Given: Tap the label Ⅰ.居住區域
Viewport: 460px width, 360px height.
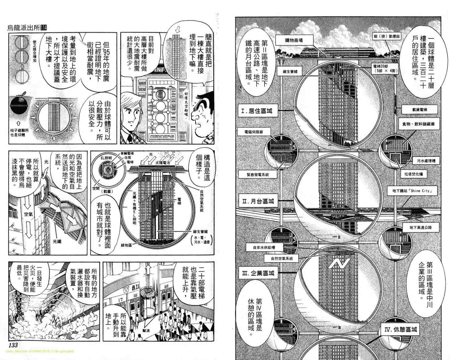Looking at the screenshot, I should click(x=257, y=111).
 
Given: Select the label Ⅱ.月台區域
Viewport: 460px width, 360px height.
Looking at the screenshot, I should click(x=258, y=202).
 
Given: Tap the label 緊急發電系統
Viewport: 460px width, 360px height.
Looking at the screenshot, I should click(x=258, y=174).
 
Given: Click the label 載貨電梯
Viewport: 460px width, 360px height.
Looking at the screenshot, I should click(x=415, y=110).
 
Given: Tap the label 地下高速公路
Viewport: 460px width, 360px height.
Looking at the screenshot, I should click(x=421, y=227).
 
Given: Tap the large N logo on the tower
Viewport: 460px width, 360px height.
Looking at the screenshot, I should click(x=339, y=264).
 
